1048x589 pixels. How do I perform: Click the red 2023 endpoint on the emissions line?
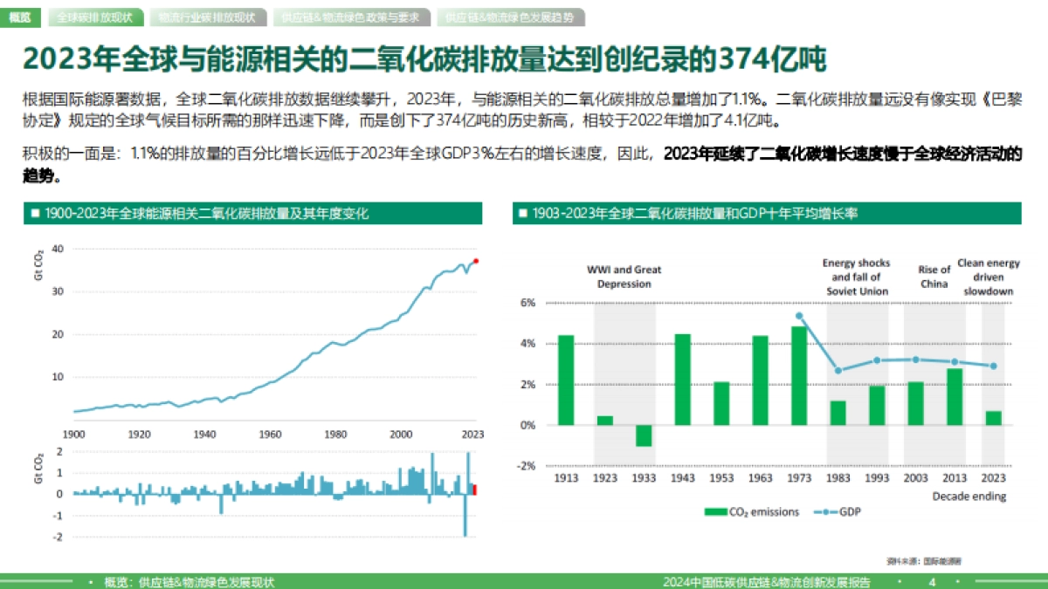[x=476, y=260]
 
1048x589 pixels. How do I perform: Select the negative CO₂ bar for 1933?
[x=644, y=435]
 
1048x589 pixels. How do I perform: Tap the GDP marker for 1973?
[x=799, y=316]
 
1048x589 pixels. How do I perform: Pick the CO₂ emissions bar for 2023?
[x=993, y=418]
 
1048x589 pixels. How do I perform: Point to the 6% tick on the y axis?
[x=527, y=303]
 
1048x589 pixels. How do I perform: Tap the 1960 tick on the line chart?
[x=271, y=434]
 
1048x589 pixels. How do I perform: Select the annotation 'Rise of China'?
[x=934, y=277]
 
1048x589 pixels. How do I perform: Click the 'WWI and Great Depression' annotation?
[x=624, y=277]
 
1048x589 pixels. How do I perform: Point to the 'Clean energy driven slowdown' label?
[x=989, y=277]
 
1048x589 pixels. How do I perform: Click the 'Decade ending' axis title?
[x=969, y=497]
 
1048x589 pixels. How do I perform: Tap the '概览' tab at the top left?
[x=18, y=17]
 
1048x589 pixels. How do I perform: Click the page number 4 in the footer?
[x=932, y=582]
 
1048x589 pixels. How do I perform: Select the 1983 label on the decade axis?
[x=838, y=478]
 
